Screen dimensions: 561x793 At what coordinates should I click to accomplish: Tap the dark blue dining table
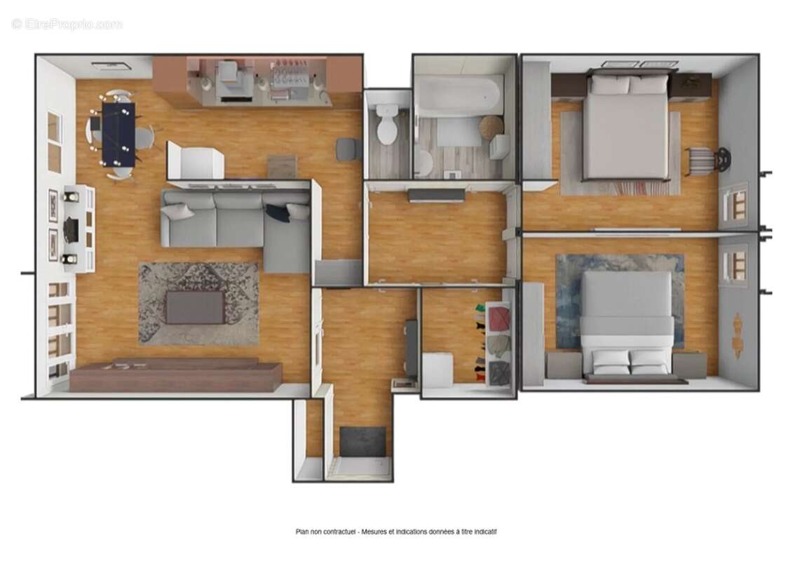pos(118,133)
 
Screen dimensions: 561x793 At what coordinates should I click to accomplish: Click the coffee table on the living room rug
pos(195,307)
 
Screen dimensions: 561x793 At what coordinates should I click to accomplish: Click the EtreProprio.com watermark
pos(67,24)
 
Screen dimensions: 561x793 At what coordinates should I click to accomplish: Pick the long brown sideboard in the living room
pos(175,376)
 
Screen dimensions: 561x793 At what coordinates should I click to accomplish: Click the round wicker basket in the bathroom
pos(492,127)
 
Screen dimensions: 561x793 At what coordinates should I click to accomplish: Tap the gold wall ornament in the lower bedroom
pos(738,334)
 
